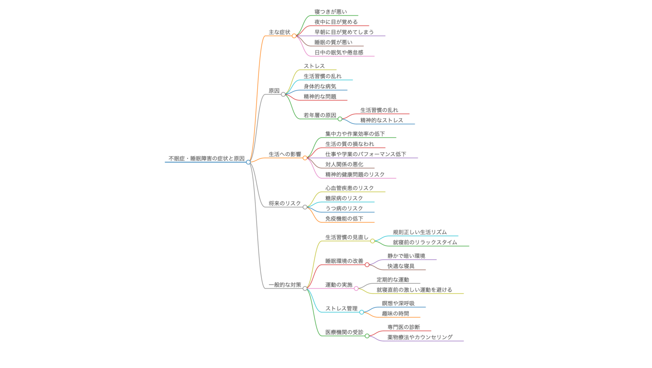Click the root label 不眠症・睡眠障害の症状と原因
click(206, 158)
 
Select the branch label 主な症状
click(279, 32)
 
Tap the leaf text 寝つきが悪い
click(331, 12)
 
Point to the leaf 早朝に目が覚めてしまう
click(344, 32)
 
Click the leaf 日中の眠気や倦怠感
click(339, 53)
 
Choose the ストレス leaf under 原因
click(314, 66)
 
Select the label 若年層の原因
click(320, 115)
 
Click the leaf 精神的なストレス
click(382, 120)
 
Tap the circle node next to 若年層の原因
click(340, 119)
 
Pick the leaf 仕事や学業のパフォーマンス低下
click(366, 154)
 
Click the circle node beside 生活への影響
click(305, 158)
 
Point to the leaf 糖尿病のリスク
click(344, 198)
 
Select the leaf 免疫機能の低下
click(344, 219)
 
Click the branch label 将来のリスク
click(285, 204)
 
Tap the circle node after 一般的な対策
click(305, 288)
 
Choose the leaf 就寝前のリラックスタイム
click(425, 243)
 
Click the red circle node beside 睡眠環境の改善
click(367, 265)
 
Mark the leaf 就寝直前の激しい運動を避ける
click(414, 290)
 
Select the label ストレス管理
click(341, 309)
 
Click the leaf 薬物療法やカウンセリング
click(420, 337)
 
